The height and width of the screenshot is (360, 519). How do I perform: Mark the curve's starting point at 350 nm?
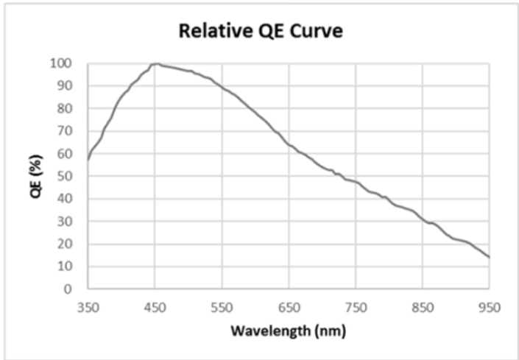click(88, 159)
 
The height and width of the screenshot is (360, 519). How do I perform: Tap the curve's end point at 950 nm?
click(489, 257)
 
